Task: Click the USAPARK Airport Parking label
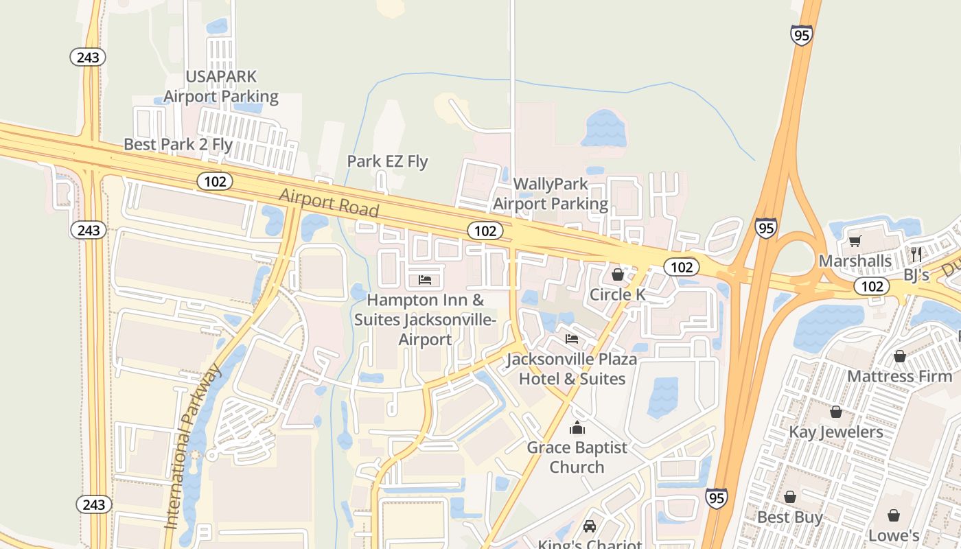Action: (x=221, y=86)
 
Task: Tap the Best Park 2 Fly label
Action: (x=178, y=145)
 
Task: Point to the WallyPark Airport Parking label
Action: (x=551, y=194)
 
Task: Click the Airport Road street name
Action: (x=329, y=202)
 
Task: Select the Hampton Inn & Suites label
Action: (x=426, y=319)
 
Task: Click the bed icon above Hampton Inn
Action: (x=425, y=280)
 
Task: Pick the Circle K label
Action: (x=618, y=294)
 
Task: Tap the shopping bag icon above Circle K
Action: (x=618, y=275)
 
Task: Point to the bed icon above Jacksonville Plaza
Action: (x=571, y=338)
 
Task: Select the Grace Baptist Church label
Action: (x=577, y=457)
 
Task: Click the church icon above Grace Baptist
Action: (x=577, y=428)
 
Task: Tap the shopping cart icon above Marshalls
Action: (x=855, y=241)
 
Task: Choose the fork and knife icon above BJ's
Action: (x=916, y=255)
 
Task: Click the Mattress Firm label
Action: (x=899, y=376)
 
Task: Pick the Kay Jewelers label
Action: (x=836, y=432)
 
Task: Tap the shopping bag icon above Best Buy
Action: (x=790, y=497)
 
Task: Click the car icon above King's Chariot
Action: (x=589, y=526)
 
